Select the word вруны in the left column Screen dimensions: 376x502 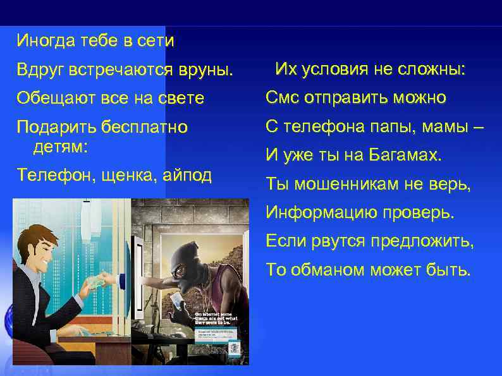coord(203,70)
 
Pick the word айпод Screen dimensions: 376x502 coord(181,175)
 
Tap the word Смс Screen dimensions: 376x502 coord(281,98)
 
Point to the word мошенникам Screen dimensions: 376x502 coord(353,185)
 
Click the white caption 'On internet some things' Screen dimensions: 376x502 coord(215,315)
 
